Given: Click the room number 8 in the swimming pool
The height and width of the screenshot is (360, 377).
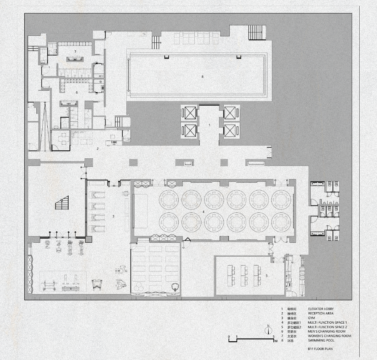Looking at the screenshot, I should (x=203, y=76).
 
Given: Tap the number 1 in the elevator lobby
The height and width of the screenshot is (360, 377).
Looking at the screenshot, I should (x=209, y=125).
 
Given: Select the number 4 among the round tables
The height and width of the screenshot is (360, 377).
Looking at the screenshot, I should (x=204, y=211).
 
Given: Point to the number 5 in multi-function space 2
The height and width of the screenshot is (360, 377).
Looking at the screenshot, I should (x=266, y=276).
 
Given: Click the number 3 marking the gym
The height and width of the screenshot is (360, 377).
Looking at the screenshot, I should (x=113, y=217).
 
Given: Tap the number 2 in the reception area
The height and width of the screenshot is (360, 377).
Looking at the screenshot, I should (x=98, y=148).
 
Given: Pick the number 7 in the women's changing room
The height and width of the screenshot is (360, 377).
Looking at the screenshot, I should (x=76, y=51).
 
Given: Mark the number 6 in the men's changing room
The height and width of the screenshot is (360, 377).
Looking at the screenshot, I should (x=76, y=93).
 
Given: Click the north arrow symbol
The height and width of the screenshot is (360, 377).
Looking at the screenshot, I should (x=268, y=330).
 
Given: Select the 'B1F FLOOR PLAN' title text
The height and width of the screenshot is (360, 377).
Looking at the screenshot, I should (x=320, y=349).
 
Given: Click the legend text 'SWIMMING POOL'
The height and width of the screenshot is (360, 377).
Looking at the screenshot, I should (x=321, y=340).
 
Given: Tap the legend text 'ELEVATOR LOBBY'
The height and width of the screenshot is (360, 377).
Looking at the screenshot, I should (x=321, y=309).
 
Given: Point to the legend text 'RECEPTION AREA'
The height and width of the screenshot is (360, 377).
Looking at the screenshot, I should (x=320, y=314).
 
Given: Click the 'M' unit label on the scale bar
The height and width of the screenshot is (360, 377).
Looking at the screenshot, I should (x=276, y=341).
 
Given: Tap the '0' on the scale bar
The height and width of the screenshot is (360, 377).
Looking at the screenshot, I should (x=229, y=337).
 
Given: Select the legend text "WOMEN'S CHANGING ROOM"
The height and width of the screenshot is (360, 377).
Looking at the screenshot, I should (x=329, y=336).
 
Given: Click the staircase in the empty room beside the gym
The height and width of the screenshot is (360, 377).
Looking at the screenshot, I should (x=62, y=203).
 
